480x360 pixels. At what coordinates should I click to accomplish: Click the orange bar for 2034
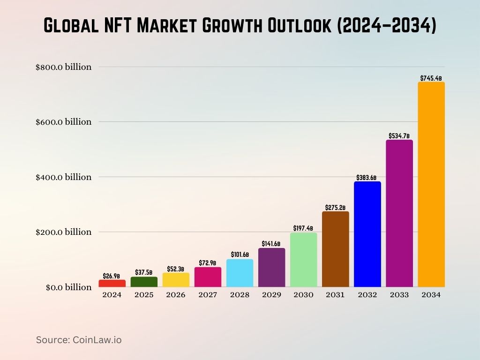[431, 185]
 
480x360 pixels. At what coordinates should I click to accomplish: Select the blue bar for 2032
[367, 234]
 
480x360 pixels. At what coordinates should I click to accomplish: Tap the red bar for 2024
[112, 283]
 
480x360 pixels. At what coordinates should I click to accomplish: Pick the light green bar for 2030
[303, 260]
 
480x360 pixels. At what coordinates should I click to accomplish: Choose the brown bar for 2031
[335, 249]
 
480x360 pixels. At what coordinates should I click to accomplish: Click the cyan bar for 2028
[240, 273]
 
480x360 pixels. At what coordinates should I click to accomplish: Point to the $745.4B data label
[431, 78]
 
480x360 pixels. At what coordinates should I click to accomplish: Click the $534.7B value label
[399, 135]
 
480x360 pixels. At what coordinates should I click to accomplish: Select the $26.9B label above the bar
[112, 276]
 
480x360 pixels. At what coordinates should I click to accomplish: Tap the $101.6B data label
[240, 255]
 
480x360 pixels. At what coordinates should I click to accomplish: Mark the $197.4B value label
[303, 228]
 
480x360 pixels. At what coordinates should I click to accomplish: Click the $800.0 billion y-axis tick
[63, 67]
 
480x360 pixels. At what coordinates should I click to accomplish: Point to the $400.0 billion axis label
[63, 177]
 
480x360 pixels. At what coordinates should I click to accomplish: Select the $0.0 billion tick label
[68, 287]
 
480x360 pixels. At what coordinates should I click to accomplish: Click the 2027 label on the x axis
[208, 295]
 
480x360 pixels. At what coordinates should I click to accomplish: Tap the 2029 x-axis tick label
[271, 295]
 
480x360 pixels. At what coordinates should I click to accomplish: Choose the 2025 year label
[144, 295]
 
